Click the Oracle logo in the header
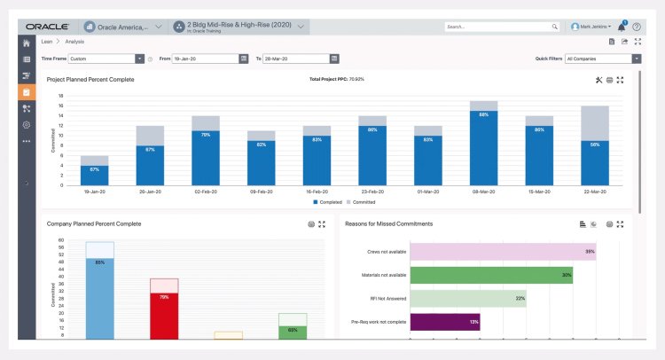pyautogui.click(x=49, y=27)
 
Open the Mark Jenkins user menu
pyautogui.click(x=591, y=27)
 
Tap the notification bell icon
pyautogui.click(x=622, y=27)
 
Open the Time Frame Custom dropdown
pyautogui.click(x=106, y=59)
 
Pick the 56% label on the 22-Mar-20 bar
pyautogui.click(x=594, y=144)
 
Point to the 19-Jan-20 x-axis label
pyautogui.click(x=95, y=192)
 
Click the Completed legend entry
pyautogui.click(x=328, y=201)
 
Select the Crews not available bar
pyautogui.click(x=503, y=251)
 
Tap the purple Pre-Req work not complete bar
pyautogui.click(x=445, y=321)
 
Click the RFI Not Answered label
pyautogui.click(x=387, y=298)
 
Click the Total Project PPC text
pyautogui.click(x=336, y=79)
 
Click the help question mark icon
pyautogui.click(x=636, y=27)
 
